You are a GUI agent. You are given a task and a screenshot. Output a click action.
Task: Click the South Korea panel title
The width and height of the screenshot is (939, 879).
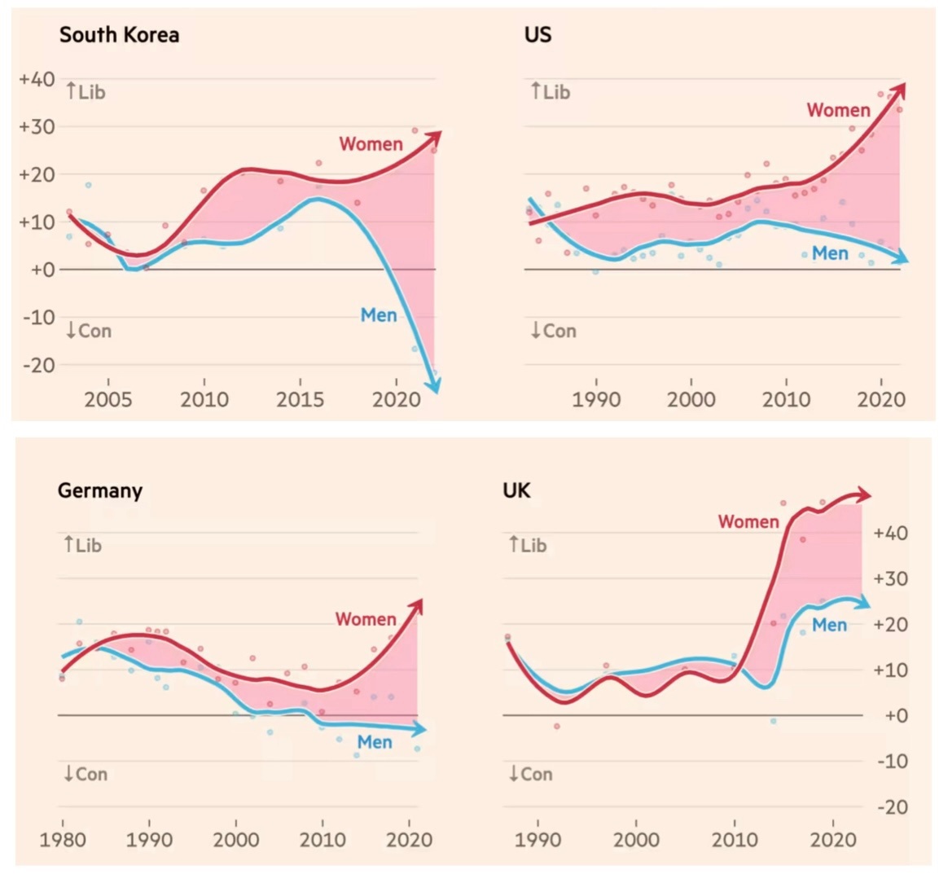click(x=119, y=35)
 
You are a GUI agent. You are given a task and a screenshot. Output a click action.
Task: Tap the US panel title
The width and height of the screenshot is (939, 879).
click(x=538, y=35)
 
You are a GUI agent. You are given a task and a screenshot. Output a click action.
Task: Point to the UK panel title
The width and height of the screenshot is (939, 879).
click(x=516, y=490)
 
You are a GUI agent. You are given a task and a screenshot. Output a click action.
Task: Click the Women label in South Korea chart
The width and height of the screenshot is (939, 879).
click(x=371, y=144)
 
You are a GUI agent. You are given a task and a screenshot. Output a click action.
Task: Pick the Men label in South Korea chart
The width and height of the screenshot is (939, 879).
click(x=378, y=315)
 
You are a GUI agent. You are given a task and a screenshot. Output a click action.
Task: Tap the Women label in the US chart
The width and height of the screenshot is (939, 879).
click(x=838, y=110)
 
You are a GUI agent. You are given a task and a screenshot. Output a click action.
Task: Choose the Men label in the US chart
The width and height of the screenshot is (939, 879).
click(x=830, y=254)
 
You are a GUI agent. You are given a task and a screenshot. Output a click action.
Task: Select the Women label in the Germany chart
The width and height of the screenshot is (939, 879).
click(x=366, y=619)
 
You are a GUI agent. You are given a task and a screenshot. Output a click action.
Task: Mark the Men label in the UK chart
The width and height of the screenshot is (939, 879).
click(x=829, y=625)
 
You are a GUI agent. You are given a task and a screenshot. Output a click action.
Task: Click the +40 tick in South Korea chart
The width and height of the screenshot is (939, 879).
click(x=37, y=80)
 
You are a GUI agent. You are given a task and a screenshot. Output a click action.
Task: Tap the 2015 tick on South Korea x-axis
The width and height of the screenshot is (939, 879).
click(x=300, y=400)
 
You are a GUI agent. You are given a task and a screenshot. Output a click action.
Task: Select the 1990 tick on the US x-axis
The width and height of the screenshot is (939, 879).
click(x=596, y=400)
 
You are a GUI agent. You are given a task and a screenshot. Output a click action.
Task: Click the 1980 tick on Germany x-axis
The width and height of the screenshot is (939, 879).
click(x=62, y=840)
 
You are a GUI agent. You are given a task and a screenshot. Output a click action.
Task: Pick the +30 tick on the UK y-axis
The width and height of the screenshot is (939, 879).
click(x=890, y=579)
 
